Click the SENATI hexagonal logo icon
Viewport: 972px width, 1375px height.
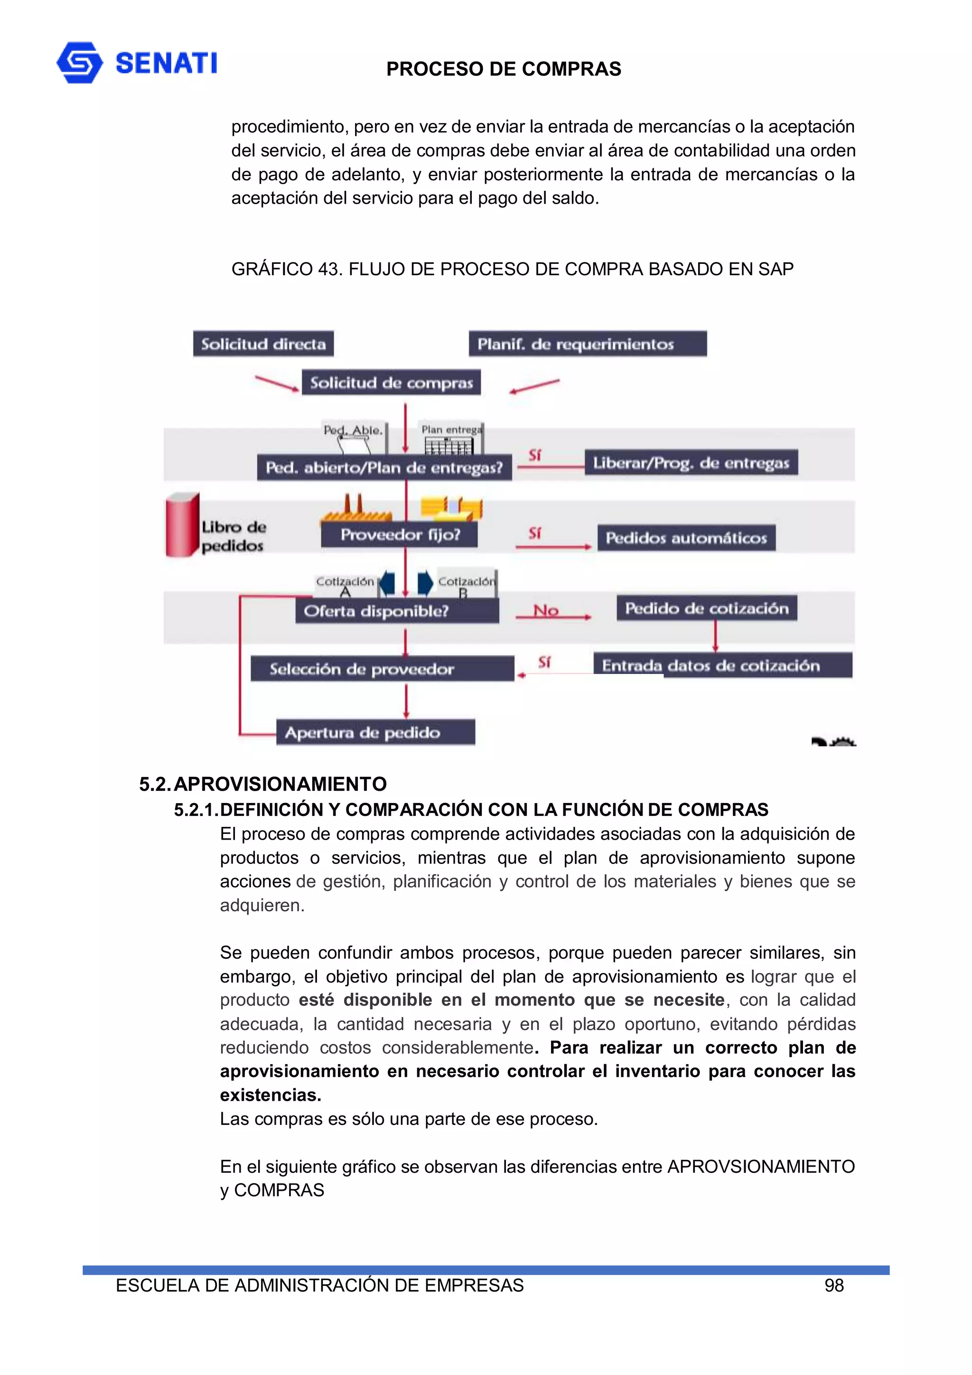coord(79,62)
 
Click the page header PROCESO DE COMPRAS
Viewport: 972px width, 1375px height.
coord(503,69)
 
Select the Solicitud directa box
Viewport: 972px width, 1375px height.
coord(263,344)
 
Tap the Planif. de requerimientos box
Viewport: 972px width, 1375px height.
coord(587,344)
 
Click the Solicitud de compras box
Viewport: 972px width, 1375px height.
coord(391,383)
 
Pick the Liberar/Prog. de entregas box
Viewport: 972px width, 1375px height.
coord(691,462)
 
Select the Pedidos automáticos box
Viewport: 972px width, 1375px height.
coord(686,537)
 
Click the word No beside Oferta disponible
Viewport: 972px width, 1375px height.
coord(546,610)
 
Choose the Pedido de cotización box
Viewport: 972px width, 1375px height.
coord(707,608)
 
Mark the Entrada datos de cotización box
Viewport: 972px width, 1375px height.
coord(722,665)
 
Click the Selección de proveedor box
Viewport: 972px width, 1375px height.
coord(382,668)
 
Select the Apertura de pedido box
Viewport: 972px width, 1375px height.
coord(375,732)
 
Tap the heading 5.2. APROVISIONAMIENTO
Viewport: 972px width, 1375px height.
coord(262,784)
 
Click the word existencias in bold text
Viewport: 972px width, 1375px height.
coord(270,1094)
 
